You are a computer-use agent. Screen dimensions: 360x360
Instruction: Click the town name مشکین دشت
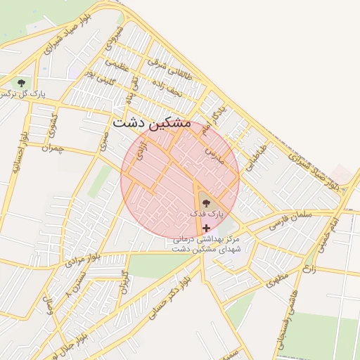pos(151,122)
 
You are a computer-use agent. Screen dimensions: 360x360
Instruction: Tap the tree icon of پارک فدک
pos(205,202)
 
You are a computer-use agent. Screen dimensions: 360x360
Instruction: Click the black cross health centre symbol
pos(205,228)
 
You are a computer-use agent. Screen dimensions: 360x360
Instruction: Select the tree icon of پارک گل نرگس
pos(19,82)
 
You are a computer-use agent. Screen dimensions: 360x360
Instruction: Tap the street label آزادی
pos(140,150)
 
